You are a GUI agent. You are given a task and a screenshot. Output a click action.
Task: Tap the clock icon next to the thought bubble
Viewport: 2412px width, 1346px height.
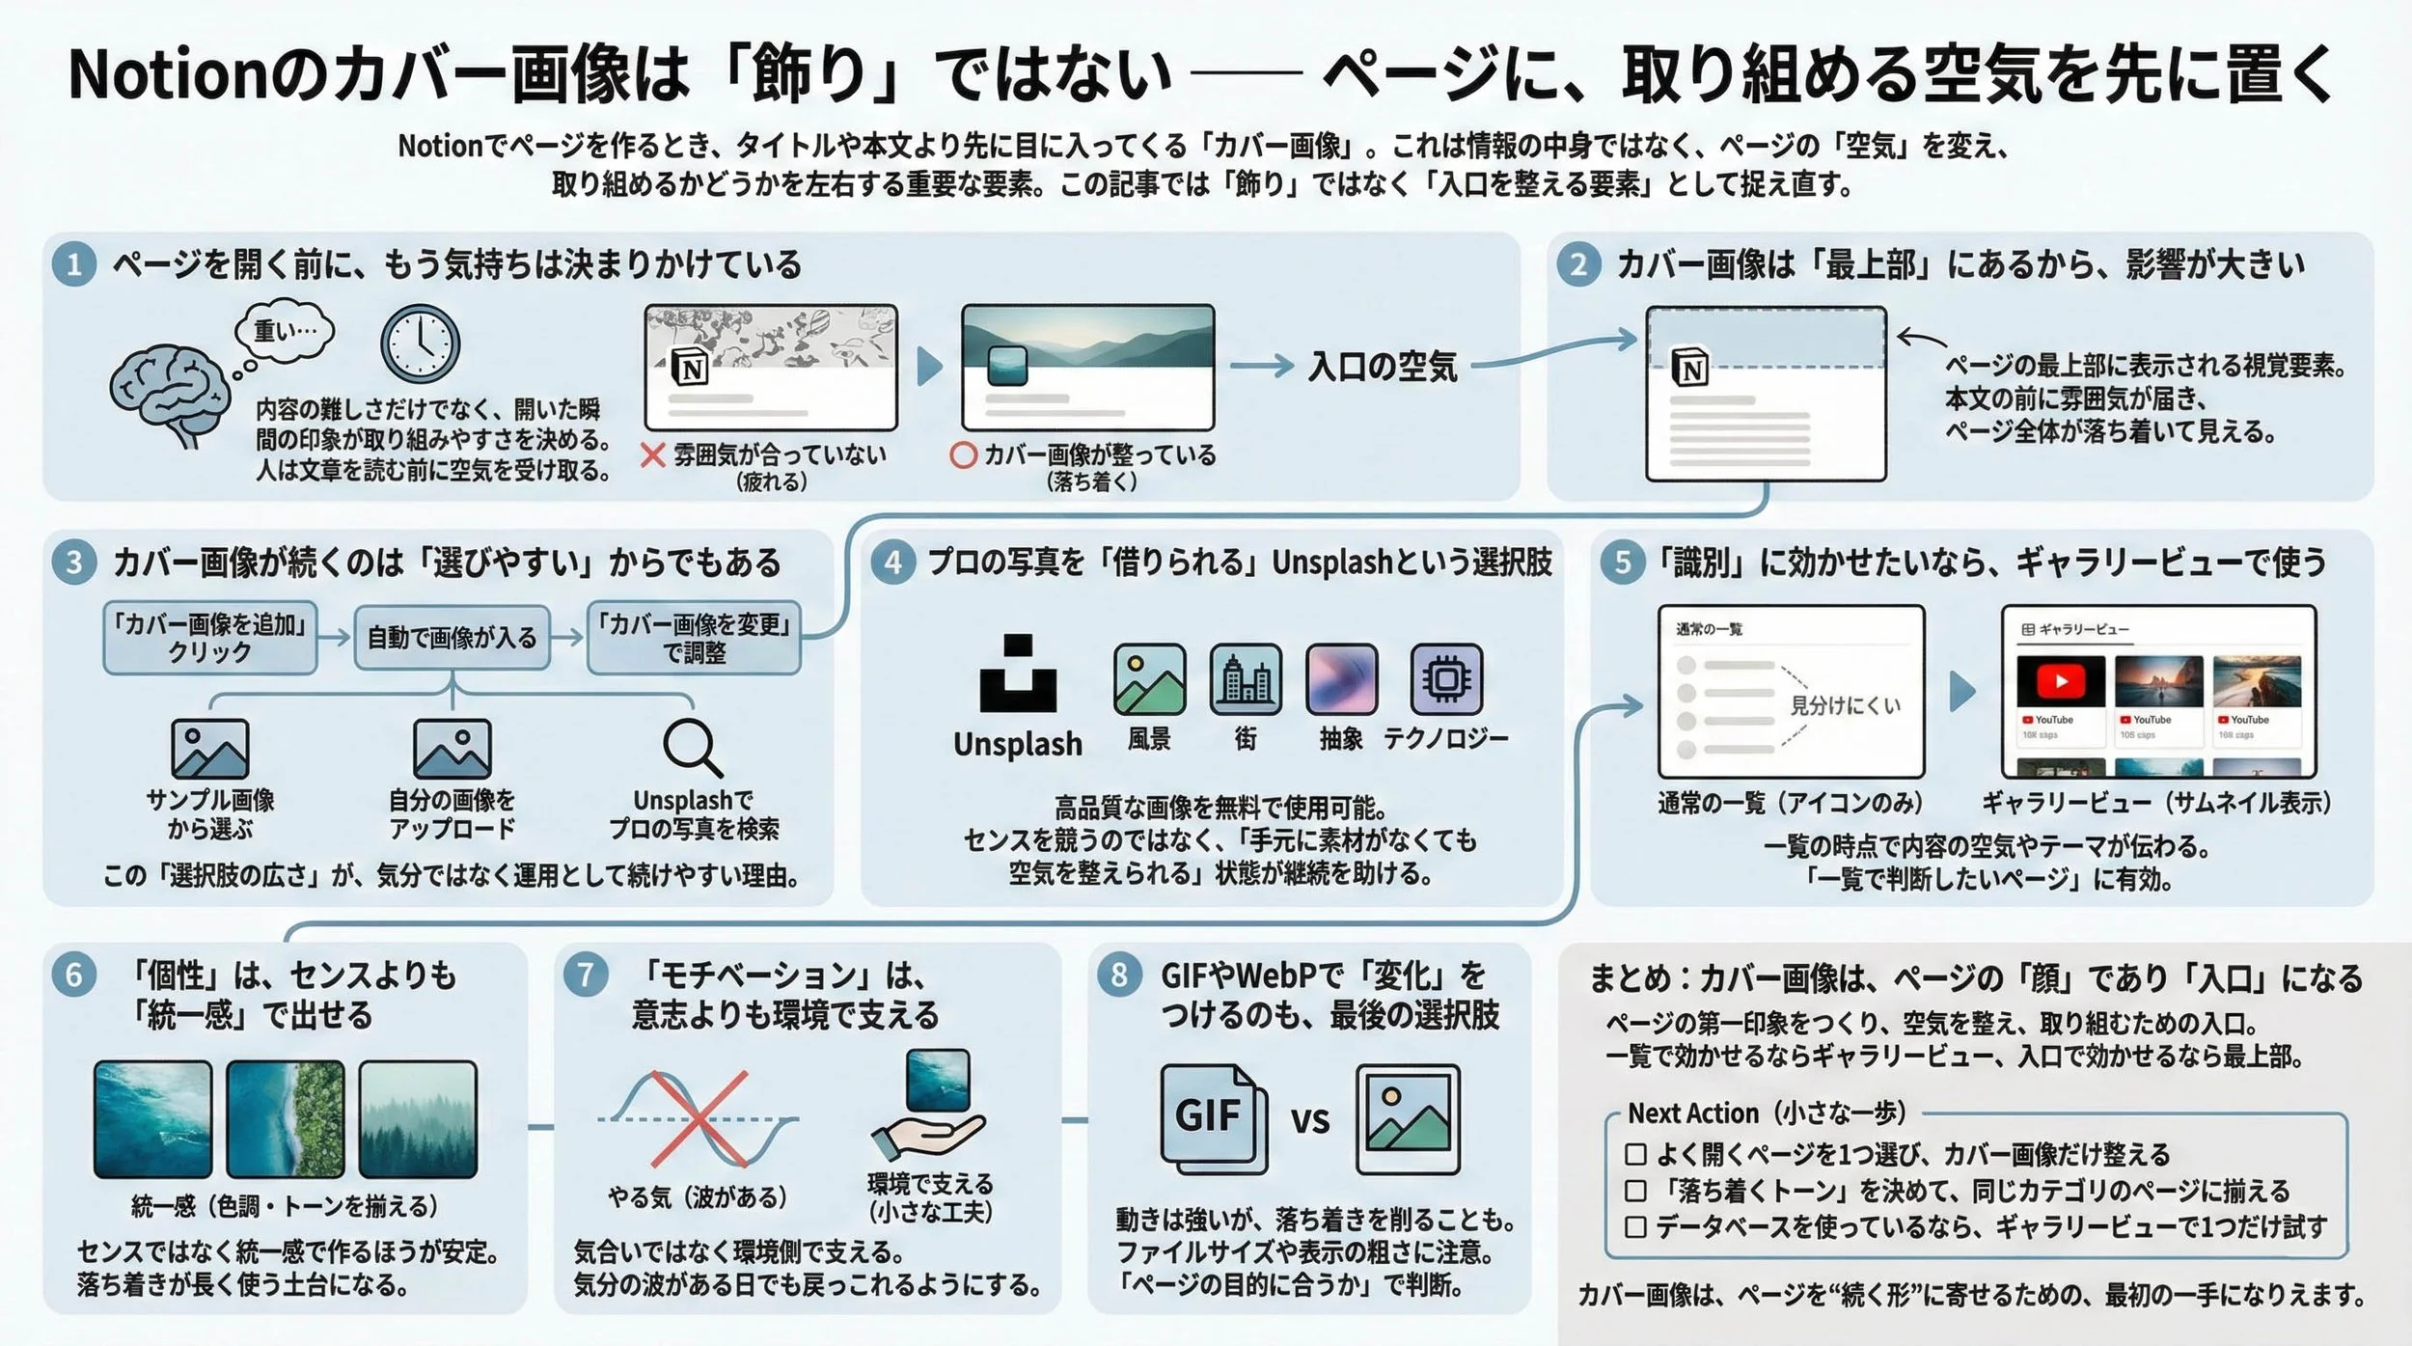[x=420, y=344]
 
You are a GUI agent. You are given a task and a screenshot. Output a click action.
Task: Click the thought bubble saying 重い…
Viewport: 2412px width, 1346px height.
[x=286, y=332]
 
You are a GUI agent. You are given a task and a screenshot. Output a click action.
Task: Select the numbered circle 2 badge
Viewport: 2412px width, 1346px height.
[x=1578, y=264]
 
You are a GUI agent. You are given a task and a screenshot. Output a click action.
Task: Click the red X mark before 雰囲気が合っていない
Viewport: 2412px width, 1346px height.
[x=653, y=454]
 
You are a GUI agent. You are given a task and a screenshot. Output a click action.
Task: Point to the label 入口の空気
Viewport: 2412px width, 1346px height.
[x=1382, y=367]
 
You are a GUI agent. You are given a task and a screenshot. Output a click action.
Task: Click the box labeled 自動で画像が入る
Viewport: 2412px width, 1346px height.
[x=452, y=637]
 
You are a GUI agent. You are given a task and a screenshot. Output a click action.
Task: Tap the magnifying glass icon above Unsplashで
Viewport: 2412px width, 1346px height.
[x=693, y=748]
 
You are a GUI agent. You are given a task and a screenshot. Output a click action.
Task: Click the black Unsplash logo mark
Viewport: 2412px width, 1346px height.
[x=1018, y=673]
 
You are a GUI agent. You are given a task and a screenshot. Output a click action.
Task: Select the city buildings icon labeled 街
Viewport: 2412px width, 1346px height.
[x=1246, y=679]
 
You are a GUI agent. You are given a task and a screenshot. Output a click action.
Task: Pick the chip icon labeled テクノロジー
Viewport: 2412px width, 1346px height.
[x=1445, y=679]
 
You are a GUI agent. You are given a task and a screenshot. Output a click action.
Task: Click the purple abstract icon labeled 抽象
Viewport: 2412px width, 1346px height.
[x=1341, y=679]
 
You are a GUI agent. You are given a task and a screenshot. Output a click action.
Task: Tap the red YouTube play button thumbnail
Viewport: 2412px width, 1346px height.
[x=2061, y=682]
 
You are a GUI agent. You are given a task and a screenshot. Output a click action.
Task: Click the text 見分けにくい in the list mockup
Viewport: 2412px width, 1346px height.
[x=1845, y=705]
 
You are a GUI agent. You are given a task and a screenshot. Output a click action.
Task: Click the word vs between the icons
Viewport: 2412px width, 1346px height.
[x=1310, y=1120]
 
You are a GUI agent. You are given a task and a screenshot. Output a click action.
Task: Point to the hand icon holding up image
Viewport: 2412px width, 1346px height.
[x=927, y=1137]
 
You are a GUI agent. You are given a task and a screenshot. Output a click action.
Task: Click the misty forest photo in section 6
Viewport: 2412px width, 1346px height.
[x=418, y=1119]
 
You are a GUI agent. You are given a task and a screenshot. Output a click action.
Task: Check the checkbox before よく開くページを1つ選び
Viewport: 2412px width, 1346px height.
[x=1635, y=1154]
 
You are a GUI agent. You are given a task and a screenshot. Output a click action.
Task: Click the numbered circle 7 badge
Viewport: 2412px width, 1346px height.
[x=586, y=975]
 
